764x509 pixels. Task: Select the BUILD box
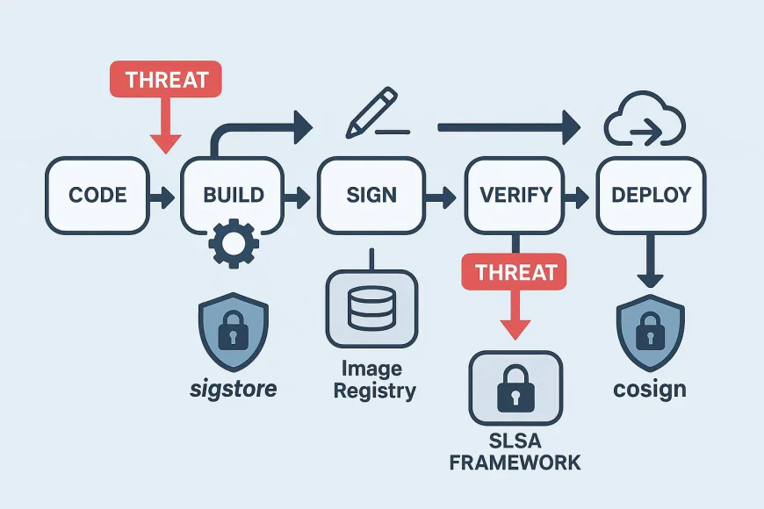tap(234, 195)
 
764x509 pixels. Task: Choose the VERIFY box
tap(516, 195)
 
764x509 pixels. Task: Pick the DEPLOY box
tap(651, 195)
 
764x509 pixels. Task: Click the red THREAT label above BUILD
tap(165, 79)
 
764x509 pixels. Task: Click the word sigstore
tap(233, 388)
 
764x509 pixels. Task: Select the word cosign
tap(651, 389)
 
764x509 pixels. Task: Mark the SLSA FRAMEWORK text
tap(515, 450)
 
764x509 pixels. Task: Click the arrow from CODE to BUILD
tap(162, 196)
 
